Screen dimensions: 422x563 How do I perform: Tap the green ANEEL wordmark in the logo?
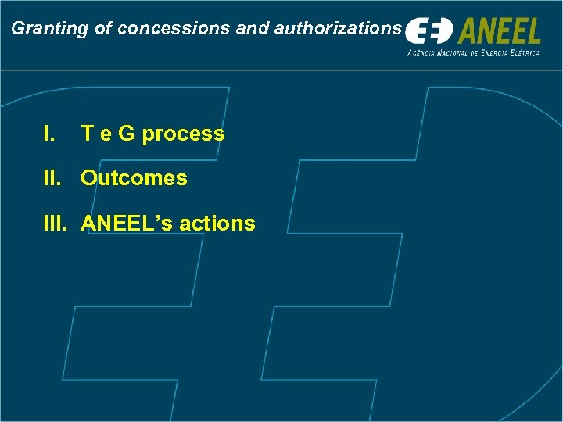pos(499,31)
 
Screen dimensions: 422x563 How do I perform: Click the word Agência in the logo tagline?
pos(423,53)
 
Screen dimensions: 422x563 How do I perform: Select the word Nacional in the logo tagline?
pos(456,53)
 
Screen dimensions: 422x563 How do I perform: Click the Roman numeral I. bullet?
pos(50,134)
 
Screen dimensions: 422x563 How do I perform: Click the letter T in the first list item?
pos(88,134)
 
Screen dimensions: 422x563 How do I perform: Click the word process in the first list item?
pos(183,134)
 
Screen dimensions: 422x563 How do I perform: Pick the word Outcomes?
pos(134,178)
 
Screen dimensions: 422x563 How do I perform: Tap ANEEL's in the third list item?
pos(127,224)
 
